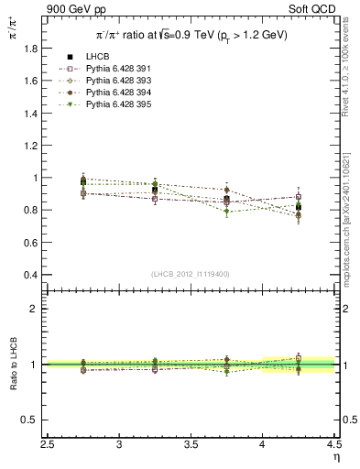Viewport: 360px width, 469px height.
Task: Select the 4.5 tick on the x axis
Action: (x=333, y=446)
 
